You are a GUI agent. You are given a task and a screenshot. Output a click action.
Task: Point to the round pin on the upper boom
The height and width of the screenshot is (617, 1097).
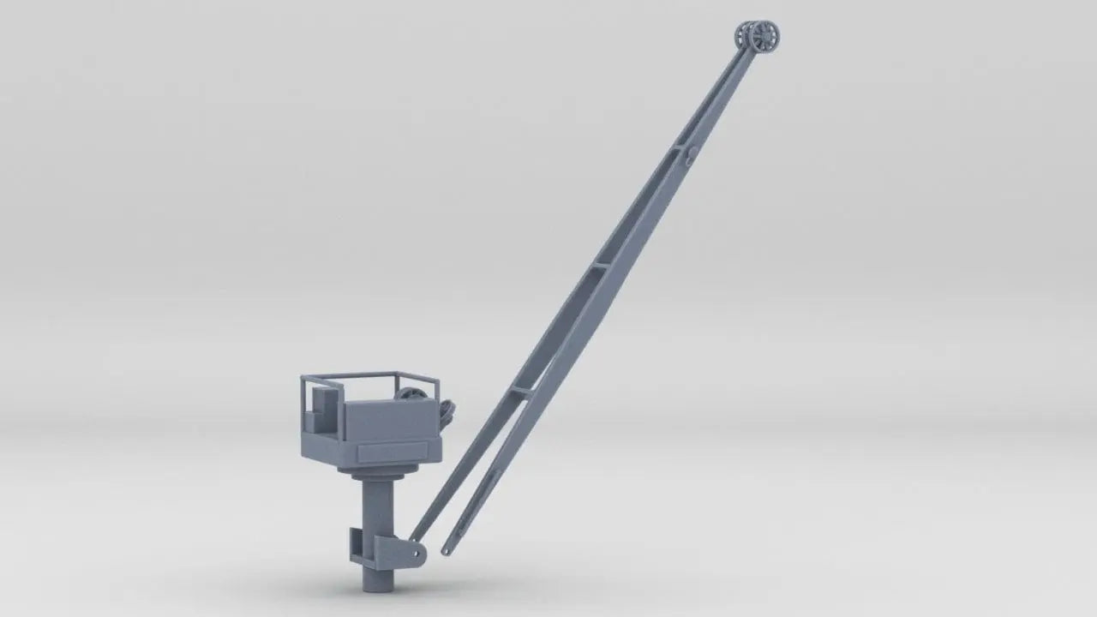pos(692,155)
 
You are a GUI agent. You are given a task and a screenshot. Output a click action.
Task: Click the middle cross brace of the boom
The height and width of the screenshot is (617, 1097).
pos(599,267)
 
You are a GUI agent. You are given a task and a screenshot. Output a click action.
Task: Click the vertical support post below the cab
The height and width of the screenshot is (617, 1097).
pos(378,514)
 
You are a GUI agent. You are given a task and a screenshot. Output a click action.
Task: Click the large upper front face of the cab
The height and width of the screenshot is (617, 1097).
pos(391,422)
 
